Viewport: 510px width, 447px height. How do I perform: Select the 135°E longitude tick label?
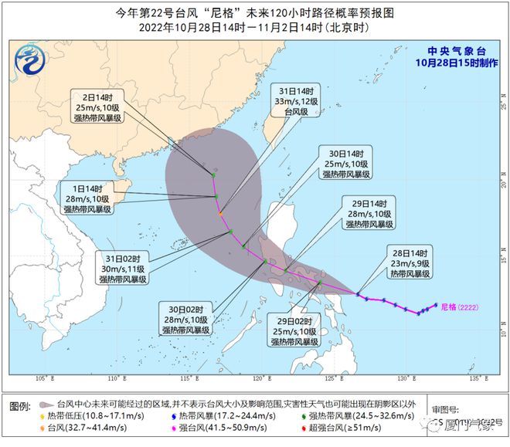[x=481, y=380]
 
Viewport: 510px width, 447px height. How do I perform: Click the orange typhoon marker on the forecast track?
[x=220, y=213]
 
